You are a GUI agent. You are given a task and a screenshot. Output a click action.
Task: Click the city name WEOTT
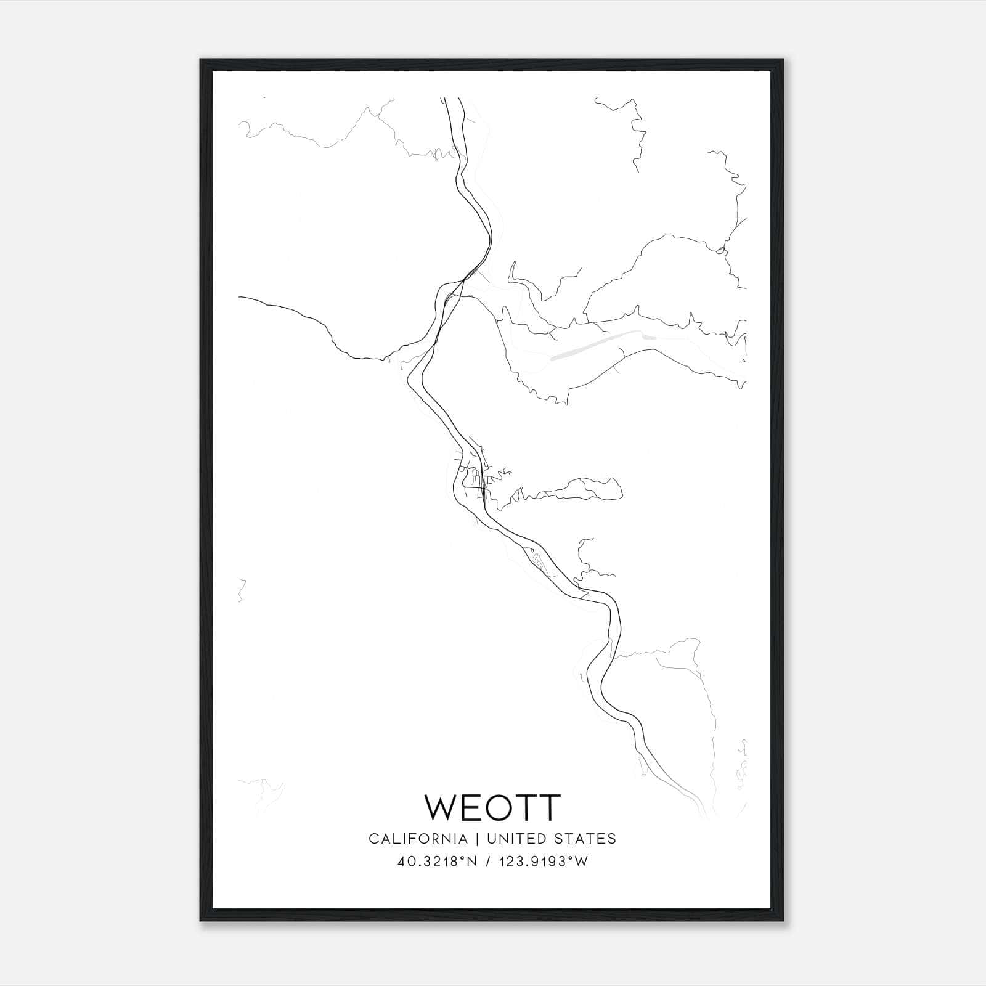(x=492, y=807)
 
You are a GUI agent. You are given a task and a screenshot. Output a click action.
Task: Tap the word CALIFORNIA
(x=417, y=839)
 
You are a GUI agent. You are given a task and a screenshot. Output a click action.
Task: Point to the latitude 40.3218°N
(x=438, y=862)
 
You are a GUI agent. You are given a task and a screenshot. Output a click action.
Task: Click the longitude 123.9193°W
(x=543, y=862)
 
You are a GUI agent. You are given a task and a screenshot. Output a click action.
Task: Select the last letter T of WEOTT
(x=548, y=807)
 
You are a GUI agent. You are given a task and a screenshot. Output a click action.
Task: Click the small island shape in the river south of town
(x=539, y=561)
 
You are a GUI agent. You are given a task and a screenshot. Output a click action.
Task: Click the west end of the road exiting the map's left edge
(x=240, y=297)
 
